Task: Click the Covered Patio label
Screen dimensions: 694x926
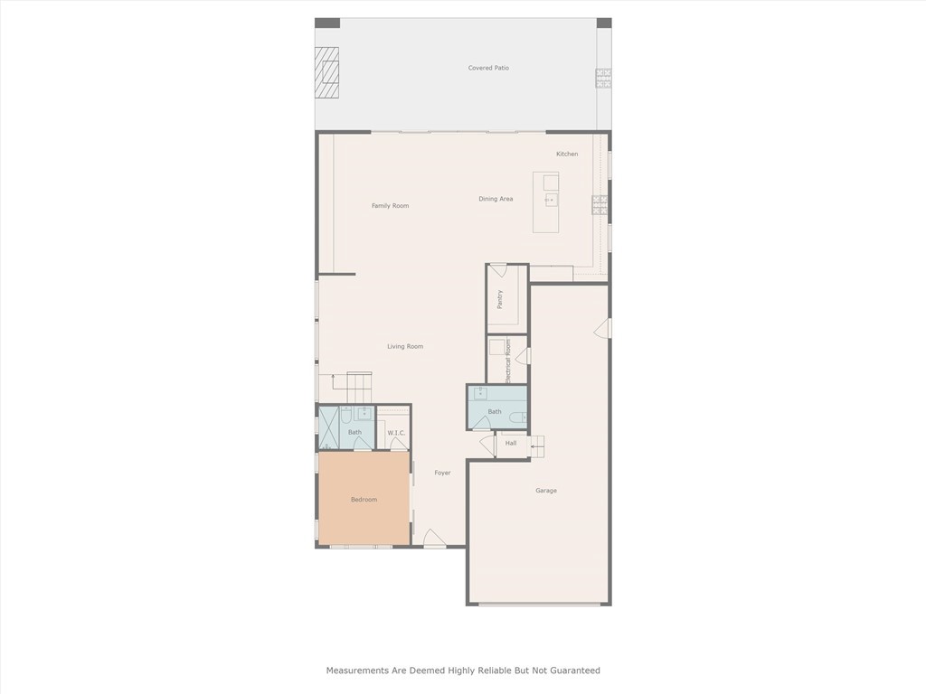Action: coord(487,68)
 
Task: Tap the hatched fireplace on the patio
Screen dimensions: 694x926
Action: coord(326,72)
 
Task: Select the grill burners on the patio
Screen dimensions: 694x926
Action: coord(602,79)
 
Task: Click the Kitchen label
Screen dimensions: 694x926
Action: coord(567,154)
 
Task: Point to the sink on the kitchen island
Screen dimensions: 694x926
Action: coord(550,200)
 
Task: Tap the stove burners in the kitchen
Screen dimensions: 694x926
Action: coord(600,205)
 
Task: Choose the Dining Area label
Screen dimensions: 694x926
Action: coord(496,199)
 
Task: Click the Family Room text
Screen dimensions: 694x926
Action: coord(390,206)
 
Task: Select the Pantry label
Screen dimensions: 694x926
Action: coord(499,299)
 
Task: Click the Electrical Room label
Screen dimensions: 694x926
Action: coord(508,360)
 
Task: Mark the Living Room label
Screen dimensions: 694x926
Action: coord(405,346)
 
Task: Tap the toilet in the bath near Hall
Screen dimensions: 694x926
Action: coord(516,417)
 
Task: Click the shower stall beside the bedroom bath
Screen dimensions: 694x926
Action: coord(327,428)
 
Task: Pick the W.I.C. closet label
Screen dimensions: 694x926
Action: coord(396,433)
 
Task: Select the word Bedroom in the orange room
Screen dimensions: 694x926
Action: coord(364,500)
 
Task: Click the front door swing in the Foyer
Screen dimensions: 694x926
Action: coord(433,539)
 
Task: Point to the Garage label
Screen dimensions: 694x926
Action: coord(545,491)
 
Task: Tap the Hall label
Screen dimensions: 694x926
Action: coord(511,443)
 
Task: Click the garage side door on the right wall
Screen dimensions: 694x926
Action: coord(603,328)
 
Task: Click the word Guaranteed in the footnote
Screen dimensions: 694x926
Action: coord(572,671)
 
